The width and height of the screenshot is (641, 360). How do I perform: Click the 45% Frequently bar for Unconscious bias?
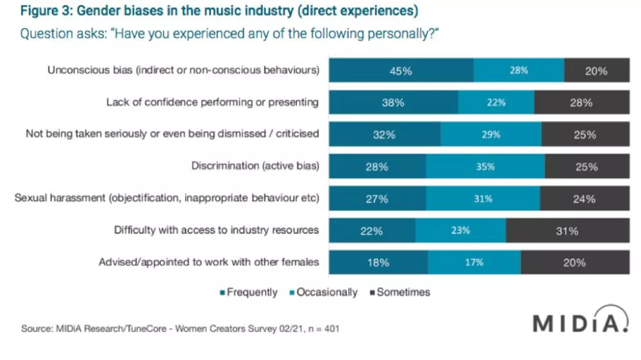coord(401,70)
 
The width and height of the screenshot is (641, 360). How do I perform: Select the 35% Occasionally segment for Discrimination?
coord(485,167)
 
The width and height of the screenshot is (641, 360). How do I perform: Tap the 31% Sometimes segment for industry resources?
coord(567,231)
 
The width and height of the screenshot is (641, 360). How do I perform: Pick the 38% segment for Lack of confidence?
coord(393,102)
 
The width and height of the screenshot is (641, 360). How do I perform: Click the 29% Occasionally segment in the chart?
coord(490,135)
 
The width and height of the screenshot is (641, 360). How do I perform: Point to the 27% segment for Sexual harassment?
coord(377,199)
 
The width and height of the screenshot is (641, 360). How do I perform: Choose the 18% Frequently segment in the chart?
coord(378,263)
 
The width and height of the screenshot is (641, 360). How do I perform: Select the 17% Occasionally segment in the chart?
coord(474,263)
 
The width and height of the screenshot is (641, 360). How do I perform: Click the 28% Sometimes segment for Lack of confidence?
coord(581,102)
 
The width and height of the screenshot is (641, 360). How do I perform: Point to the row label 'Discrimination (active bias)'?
coord(255,167)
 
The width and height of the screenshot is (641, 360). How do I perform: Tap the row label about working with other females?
coord(208,263)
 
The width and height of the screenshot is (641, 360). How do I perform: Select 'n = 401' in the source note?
coord(322,329)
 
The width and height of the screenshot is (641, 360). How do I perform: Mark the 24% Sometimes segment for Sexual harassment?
coord(584,199)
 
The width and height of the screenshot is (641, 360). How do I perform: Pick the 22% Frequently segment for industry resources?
coord(372,231)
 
